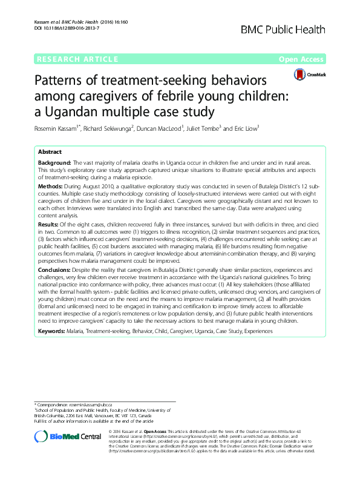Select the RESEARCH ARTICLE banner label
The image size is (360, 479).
coord(77,59)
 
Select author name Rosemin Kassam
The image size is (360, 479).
coord(55,128)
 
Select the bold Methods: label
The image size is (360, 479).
coord(50,187)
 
